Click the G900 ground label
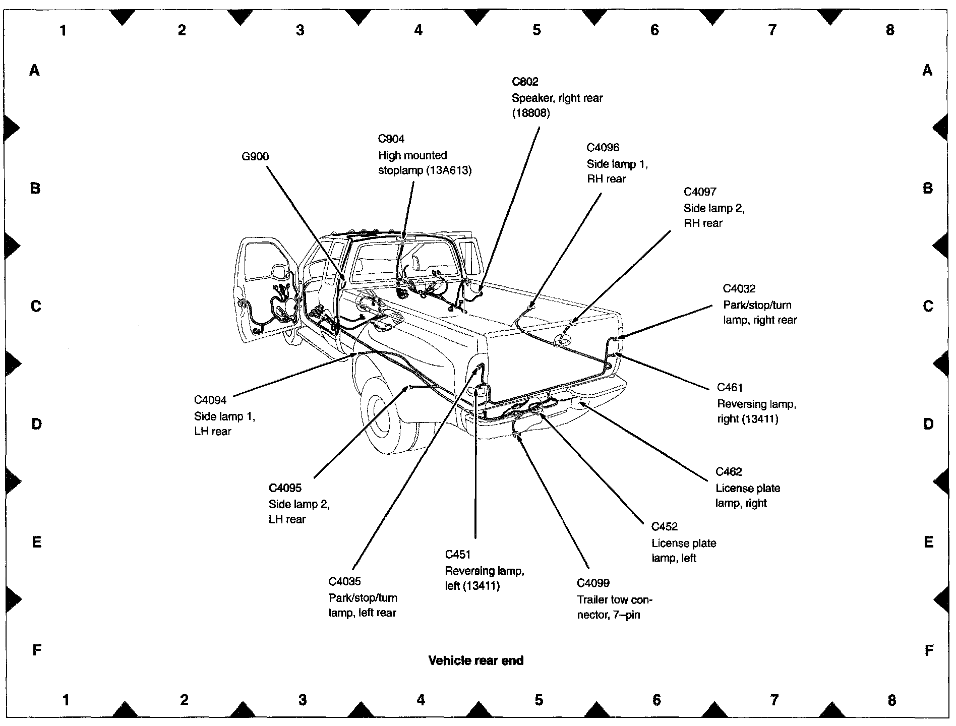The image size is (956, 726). coord(255,156)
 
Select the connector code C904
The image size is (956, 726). coord(391,139)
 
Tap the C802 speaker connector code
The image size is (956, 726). coord(525,82)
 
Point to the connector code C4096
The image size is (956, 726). coord(603,147)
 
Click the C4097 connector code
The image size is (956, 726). coord(700,192)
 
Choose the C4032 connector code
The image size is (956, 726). coord(739,288)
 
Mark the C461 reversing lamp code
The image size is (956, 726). coord(730,388)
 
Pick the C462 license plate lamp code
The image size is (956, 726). coord(729,472)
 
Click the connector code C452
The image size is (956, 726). coord(665,527)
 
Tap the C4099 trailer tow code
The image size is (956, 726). coord(593,583)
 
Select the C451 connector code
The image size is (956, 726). coord(458,555)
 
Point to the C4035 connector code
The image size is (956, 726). coord(345,581)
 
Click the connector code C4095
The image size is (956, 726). coord(285,488)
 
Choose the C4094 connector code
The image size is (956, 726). coord(210,400)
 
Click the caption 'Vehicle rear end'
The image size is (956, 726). coord(476,660)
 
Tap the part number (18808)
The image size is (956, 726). coord(530,113)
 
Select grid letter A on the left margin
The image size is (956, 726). coord(34,70)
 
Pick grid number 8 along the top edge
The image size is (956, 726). coord(890,30)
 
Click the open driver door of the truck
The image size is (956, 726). coord(265,292)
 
